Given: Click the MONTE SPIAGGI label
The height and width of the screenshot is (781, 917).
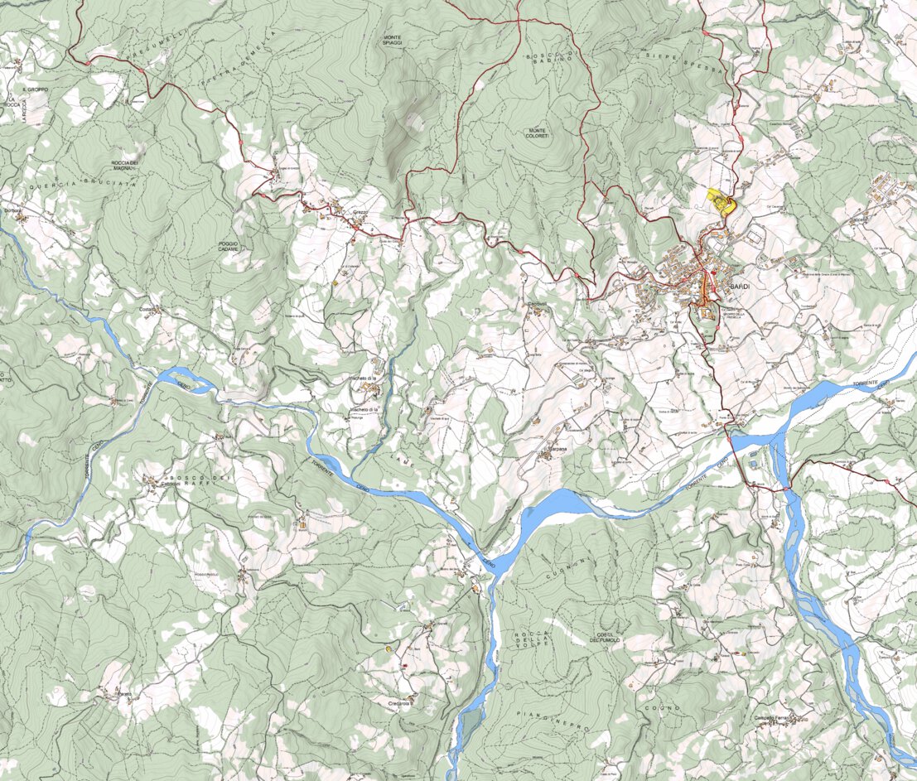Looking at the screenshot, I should click(x=392, y=41).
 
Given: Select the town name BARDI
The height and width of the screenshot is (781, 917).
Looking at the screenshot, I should click(x=740, y=286).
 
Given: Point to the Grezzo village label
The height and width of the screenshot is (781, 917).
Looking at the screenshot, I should click(x=360, y=213).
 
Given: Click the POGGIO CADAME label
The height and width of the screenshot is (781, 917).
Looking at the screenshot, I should click(x=228, y=246).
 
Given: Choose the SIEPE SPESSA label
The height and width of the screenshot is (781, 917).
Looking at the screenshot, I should click(x=685, y=63).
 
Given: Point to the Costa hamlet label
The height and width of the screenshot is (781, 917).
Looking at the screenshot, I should click(x=147, y=310).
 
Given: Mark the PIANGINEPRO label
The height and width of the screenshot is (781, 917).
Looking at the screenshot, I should click(x=552, y=720).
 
